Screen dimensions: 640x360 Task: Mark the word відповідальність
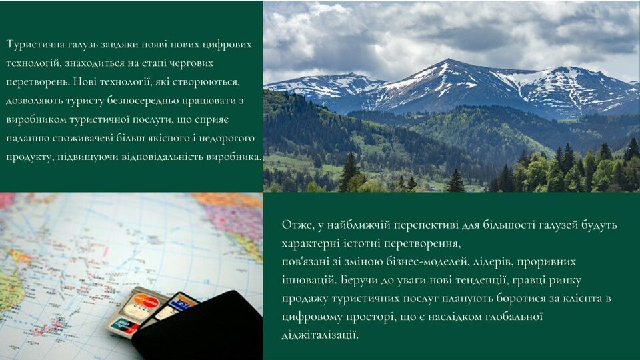[x=163, y=157]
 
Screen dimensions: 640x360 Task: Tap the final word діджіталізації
[x=320, y=335]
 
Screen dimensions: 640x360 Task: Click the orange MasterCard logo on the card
[x=145, y=303]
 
